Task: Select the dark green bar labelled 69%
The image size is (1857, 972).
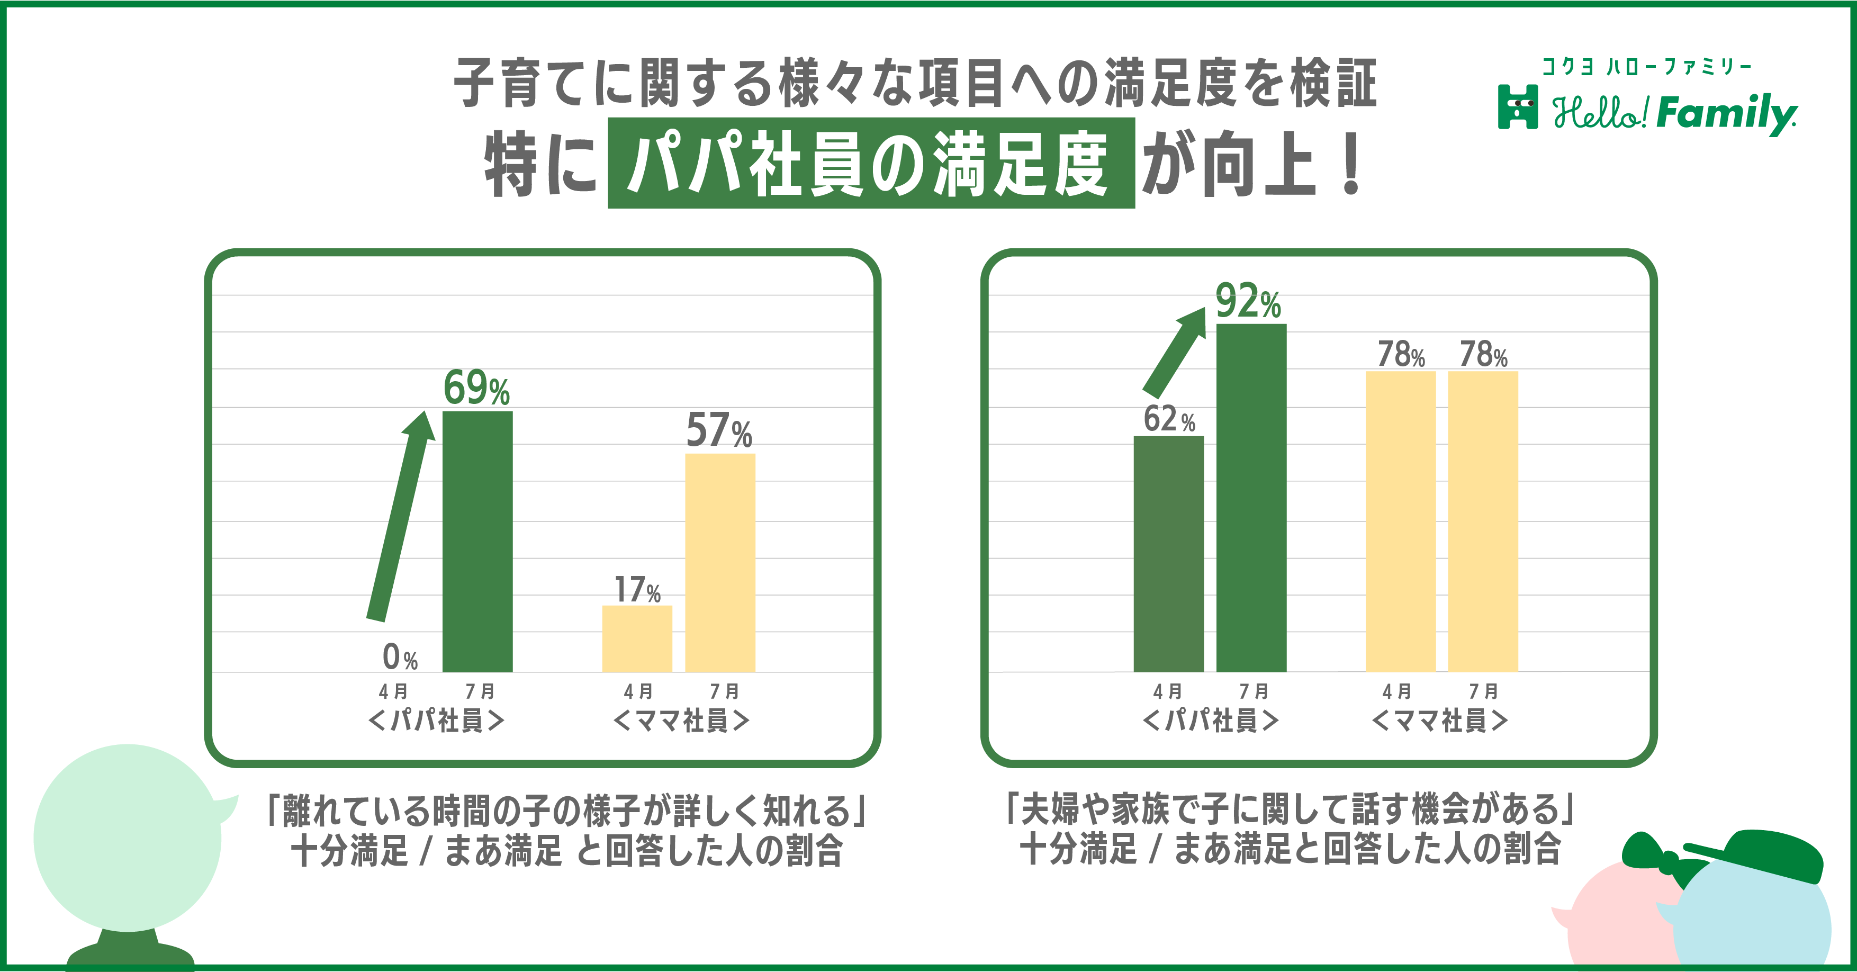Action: coord(477,541)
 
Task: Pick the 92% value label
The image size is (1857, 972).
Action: coord(1248,301)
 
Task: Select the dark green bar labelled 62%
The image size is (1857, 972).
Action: coord(1168,554)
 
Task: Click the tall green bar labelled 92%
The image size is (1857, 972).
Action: coord(1251,498)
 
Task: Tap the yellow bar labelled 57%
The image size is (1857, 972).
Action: coord(720,562)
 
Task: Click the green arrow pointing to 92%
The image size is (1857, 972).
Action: coord(1174,353)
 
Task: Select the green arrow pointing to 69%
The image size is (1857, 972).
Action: coord(400,516)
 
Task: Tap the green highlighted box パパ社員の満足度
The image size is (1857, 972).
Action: coord(871,164)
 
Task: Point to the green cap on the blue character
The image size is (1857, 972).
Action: coord(1759,856)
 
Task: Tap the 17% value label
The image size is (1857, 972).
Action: coord(637,589)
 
